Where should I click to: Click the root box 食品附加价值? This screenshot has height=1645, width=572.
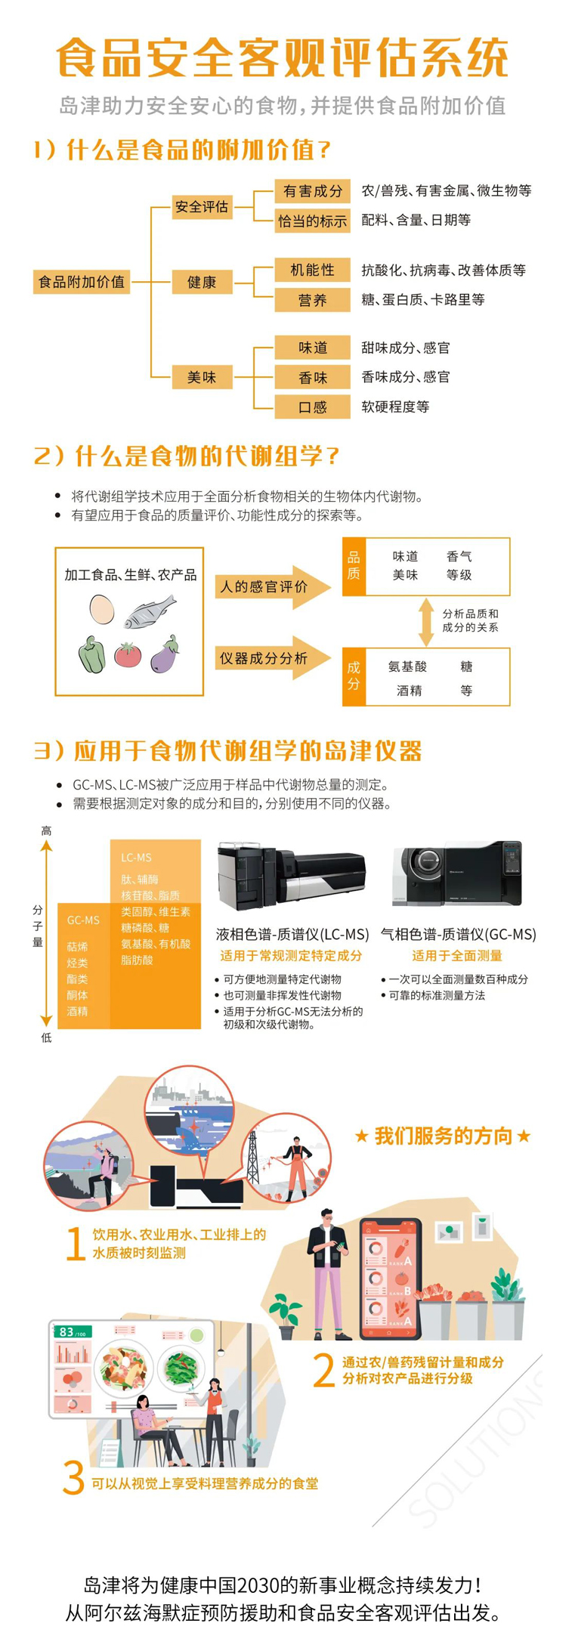(82, 282)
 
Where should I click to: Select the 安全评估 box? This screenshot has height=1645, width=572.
(202, 206)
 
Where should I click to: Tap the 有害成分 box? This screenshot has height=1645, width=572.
(312, 190)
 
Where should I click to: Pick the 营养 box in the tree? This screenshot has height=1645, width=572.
(312, 300)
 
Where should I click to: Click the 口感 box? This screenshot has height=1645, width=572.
(312, 407)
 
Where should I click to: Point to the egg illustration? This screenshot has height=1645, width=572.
(101, 609)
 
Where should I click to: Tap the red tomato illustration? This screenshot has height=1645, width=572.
(128, 654)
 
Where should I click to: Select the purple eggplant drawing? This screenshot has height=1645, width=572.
(165, 654)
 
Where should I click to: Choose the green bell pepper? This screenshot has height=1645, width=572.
(91, 654)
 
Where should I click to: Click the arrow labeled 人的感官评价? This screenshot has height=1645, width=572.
(273, 586)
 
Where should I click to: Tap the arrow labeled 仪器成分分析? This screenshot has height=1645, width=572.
(273, 658)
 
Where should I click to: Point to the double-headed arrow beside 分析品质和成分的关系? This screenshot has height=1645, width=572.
(426, 621)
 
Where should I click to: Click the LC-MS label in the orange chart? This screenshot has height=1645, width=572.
(136, 858)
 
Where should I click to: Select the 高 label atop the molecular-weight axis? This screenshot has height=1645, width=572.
(46, 830)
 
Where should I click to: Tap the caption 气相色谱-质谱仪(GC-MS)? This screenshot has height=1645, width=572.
(459, 934)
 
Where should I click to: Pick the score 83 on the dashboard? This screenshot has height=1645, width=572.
(66, 1331)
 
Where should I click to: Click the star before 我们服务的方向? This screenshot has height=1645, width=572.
(361, 1136)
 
